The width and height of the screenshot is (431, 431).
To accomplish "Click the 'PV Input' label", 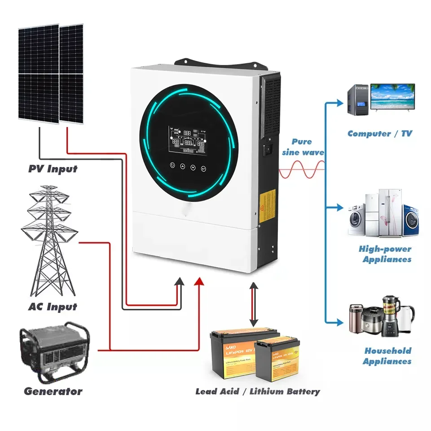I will tap(53, 169).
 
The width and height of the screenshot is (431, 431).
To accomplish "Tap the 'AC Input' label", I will tap(53, 307).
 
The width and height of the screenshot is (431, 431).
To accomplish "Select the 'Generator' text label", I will tap(53, 391).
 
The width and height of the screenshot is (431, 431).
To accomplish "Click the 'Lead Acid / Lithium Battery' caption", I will tap(257, 391).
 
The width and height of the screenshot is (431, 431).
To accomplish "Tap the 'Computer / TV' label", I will tap(379, 133).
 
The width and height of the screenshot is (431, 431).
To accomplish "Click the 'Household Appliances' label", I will tap(387, 356).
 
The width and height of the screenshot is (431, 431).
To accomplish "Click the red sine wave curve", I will tap(302, 171).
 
